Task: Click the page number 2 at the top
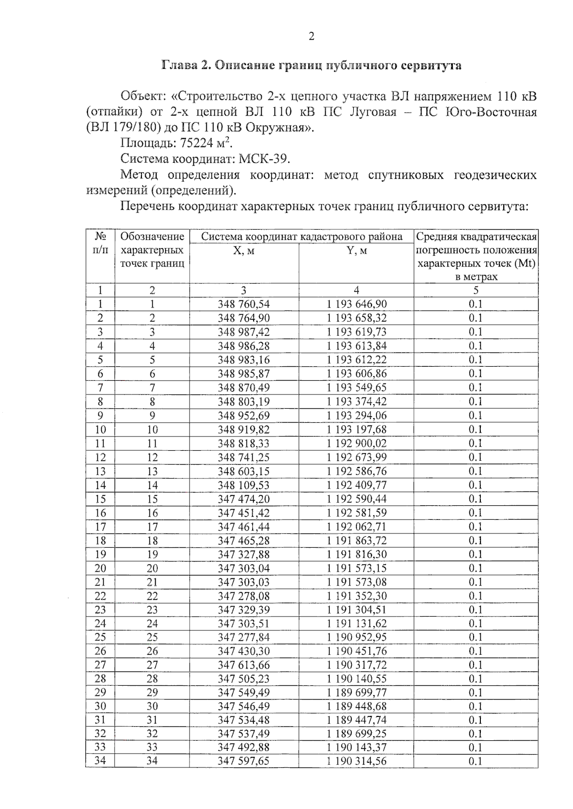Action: coord(311,36)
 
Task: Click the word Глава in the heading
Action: coord(180,65)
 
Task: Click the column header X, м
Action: coord(244,250)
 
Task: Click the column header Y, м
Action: coord(356,250)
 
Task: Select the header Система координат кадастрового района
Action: coord(301,236)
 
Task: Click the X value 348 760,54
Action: coord(244,304)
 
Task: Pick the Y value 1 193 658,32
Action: coord(356,318)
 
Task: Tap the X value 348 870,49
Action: coord(244,388)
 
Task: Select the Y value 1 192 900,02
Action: coord(356,443)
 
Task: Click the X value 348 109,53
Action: coord(244,485)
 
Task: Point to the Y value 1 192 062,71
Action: coord(356,527)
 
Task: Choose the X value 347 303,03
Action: coord(244,582)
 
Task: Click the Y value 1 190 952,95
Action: coord(356,637)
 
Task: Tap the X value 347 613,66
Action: coord(244,665)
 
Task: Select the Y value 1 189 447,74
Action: coord(356,720)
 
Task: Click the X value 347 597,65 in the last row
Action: coord(244,761)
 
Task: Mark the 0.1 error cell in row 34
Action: coord(475,761)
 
